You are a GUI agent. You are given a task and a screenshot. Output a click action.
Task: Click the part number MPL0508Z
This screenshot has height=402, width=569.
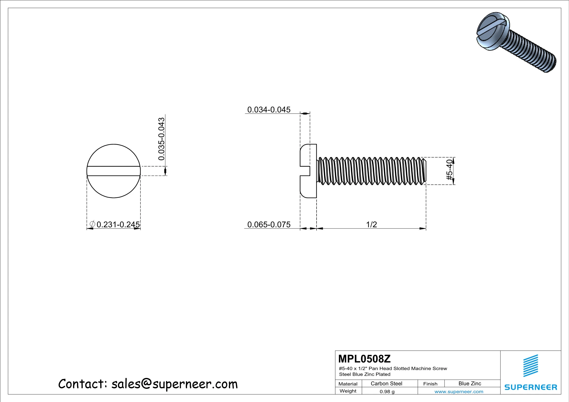[x=364, y=359]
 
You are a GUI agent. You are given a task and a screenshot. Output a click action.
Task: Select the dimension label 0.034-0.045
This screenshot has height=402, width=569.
[x=269, y=110]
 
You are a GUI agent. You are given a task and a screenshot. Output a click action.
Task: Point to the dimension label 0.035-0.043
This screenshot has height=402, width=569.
[x=161, y=139]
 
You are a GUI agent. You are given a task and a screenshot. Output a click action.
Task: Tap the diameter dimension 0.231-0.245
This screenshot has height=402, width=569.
[x=118, y=224]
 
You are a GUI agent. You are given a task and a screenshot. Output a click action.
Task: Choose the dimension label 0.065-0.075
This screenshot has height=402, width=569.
[x=269, y=224]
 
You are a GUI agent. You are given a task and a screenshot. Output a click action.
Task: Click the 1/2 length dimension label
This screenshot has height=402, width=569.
[x=372, y=224]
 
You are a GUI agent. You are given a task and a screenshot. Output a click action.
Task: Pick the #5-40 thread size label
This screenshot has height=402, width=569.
[x=449, y=170]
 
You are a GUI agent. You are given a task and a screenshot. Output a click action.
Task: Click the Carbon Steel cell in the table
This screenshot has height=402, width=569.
[x=386, y=384]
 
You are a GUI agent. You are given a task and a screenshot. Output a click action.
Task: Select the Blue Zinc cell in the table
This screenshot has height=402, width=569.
[x=470, y=384]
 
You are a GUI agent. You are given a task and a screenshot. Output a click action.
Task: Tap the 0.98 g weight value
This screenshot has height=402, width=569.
[x=387, y=392]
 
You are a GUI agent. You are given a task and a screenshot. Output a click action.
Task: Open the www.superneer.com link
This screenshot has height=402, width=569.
[x=459, y=392]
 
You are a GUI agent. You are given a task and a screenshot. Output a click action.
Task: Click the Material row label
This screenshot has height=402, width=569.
[x=348, y=384]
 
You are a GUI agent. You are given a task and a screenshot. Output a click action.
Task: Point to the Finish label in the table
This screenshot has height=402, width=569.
[x=430, y=384]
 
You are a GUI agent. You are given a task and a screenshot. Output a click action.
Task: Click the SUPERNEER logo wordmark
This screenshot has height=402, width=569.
[x=531, y=387]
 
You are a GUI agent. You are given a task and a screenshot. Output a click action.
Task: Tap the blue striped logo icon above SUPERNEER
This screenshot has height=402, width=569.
[x=531, y=366]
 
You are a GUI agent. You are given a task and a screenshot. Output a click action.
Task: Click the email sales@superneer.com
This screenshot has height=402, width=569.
[x=174, y=384]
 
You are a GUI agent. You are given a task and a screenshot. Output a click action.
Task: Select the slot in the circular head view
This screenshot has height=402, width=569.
[x=114, y=171]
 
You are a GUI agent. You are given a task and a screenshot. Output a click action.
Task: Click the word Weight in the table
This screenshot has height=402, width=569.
[x=348, y=391]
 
